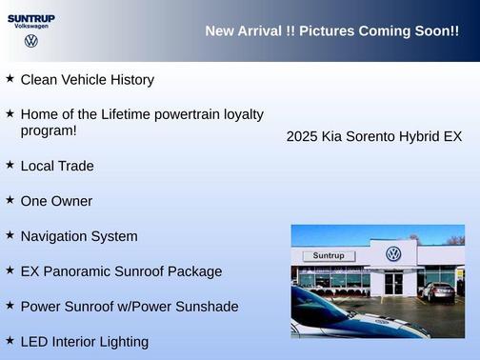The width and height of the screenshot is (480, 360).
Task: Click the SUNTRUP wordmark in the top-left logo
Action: point(31,18)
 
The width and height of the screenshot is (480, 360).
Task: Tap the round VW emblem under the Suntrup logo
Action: point(31,41)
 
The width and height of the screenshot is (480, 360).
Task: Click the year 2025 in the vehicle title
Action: point(302,137)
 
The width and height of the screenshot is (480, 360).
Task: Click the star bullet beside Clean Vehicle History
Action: point(10,78)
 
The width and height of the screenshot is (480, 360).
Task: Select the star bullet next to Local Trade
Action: point(10,164)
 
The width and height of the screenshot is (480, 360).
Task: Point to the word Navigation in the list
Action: point(53,236)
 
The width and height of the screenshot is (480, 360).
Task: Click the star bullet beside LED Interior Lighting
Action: point(10,339)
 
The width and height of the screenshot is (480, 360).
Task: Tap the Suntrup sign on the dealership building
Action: point(328,256)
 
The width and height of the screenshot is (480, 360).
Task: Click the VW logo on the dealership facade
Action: point(393,254)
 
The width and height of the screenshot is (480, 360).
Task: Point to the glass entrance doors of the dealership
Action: point(393,283)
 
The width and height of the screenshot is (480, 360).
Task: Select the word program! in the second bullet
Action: point(49,130)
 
